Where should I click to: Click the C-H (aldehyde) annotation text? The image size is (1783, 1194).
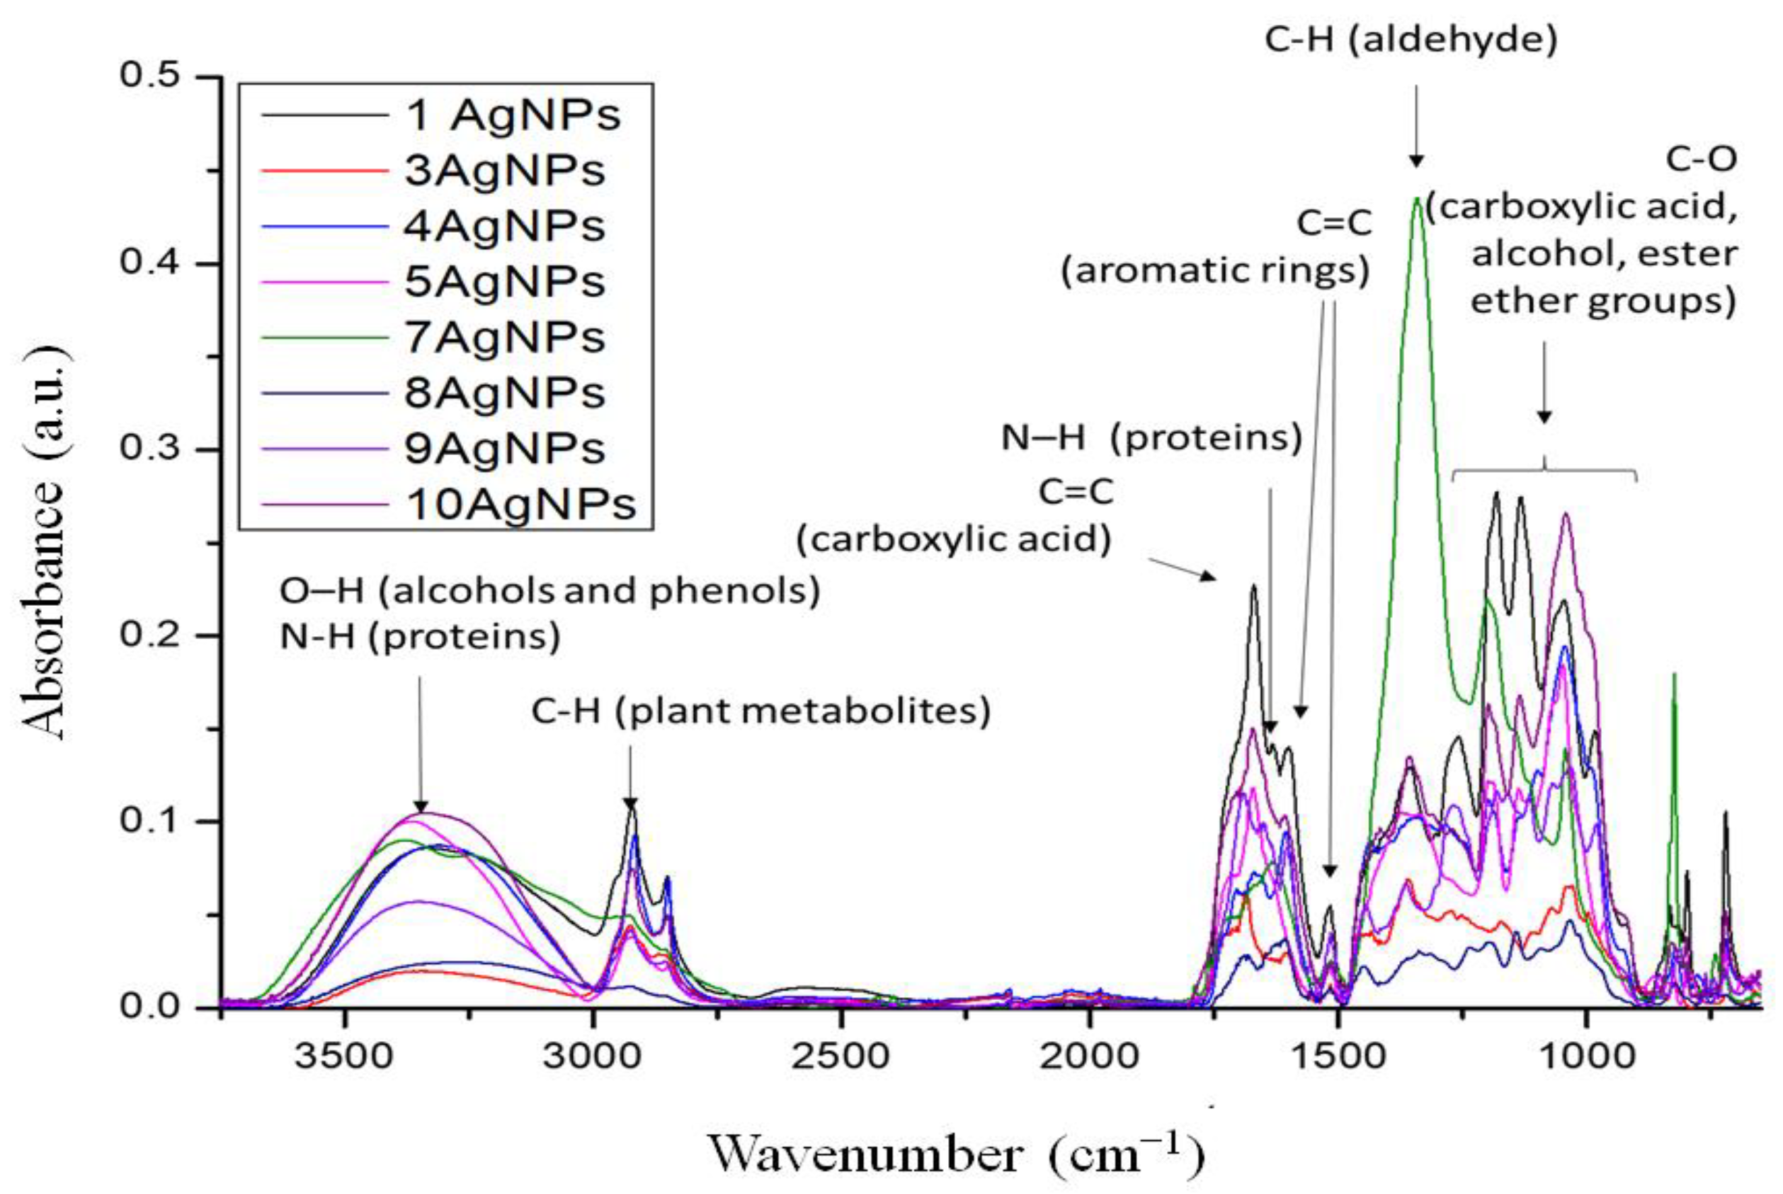pyautogui.click(x=1411, y=40)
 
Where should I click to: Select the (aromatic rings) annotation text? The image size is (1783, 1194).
pyautogui.click(x=1216, y=271)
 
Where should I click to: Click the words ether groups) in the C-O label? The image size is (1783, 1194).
pyautogui.click(x=1602, y=302)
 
